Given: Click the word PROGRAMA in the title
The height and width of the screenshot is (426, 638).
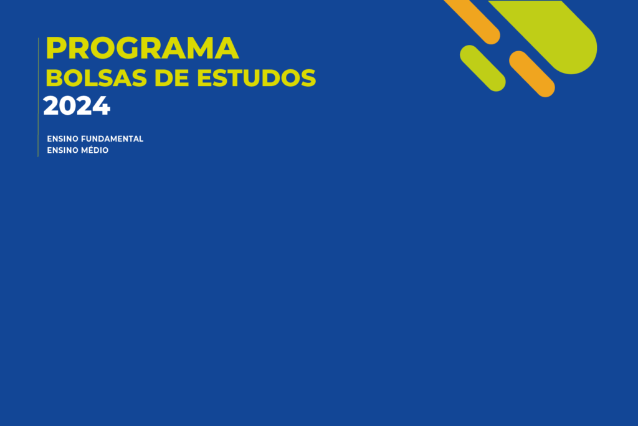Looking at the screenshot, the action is (x=142, y=49).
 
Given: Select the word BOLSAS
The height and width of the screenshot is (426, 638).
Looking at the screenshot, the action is (x=97, y=78).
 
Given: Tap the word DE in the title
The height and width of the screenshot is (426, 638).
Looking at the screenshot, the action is (x=172, y=78).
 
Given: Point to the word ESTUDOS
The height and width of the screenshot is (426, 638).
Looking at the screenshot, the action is (x=256, y=78).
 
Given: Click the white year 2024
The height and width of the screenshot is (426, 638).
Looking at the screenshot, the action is (x=77, y=106).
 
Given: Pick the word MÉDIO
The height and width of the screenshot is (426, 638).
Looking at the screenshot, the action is (x=95, y=150).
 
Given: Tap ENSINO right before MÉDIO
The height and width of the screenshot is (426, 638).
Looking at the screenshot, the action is (x=63, y=150).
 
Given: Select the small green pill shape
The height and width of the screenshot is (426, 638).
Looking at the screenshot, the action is (x=483, y=68).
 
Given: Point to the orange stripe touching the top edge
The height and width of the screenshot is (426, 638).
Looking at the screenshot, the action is (x=473, y=21).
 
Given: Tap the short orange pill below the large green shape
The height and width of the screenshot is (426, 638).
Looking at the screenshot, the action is (x=532, y=74).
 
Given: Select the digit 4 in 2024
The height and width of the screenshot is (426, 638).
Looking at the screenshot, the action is (x=102, y=106).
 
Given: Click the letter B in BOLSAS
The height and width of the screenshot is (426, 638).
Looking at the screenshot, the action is (x=54, y=78).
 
